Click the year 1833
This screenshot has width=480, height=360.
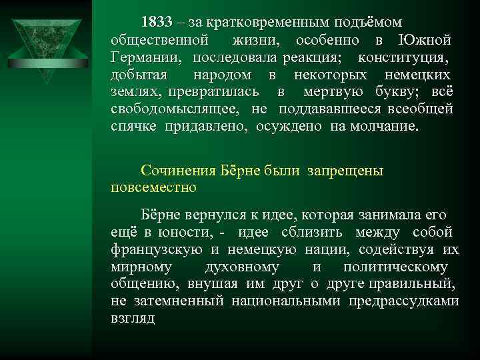click(156, 23)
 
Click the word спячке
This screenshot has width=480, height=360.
click(131, 126)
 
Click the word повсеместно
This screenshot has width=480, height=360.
click(154, 187)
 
